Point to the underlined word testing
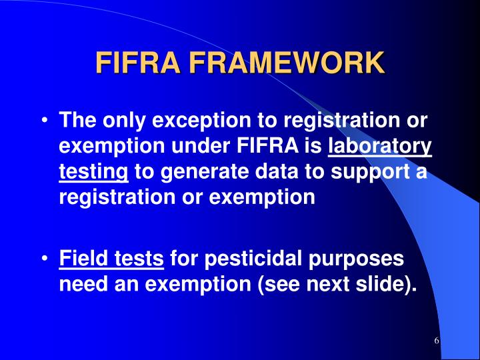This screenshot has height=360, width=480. click(93, 172)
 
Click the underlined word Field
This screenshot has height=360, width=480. click(83, 257)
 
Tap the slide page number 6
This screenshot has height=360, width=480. click(436, 341)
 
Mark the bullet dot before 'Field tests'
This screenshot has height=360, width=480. click(44, 257)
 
